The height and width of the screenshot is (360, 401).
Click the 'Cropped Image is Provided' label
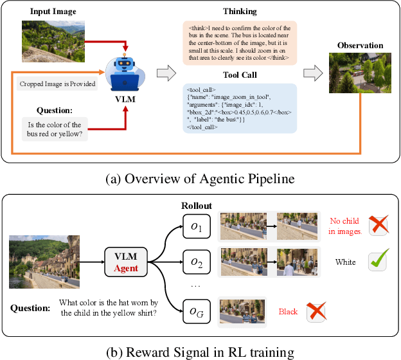coord(57,84)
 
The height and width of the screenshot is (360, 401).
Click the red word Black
coord(288,312)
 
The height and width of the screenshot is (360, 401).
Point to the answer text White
coord(346,262)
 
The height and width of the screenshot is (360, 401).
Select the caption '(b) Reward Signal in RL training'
coord(200,351)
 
